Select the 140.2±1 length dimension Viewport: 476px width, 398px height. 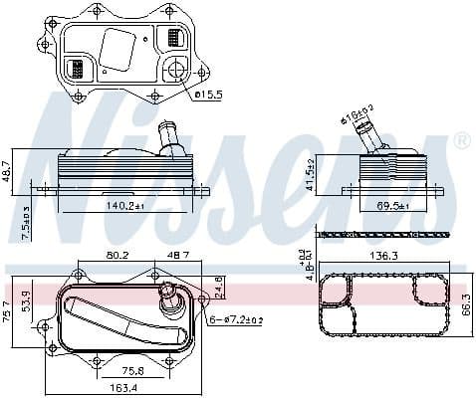(x=123, y=205)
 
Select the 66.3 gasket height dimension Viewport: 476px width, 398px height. (x=466, y=304)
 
